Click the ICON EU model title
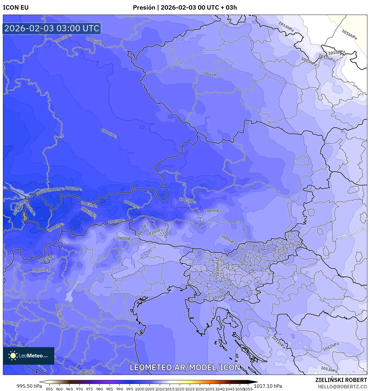tap(16, 8)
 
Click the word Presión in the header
tap(144, 8)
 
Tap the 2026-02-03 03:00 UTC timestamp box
tap(52, 28)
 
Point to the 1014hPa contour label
tap(286, 27)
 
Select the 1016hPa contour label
tap(349, 34)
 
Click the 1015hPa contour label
tap(337, 53)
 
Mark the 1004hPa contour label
tap(109, 133)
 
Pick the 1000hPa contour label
tap(56, 190)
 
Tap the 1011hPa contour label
tap(278, 342)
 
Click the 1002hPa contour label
tap(56, 227)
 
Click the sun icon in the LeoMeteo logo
tap(13, 356)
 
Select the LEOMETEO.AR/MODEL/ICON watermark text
tap(185, 367)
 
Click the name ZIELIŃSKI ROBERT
tap(341, 380)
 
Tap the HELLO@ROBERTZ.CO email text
tap(342, 387)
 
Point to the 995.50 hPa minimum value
tap(29, 386)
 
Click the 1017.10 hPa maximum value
tap(268, 386)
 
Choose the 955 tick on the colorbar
tap(49, 389)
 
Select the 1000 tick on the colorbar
tap(140, 389)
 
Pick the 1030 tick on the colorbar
tap(200, 389)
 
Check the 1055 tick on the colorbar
tap(248, 389)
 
